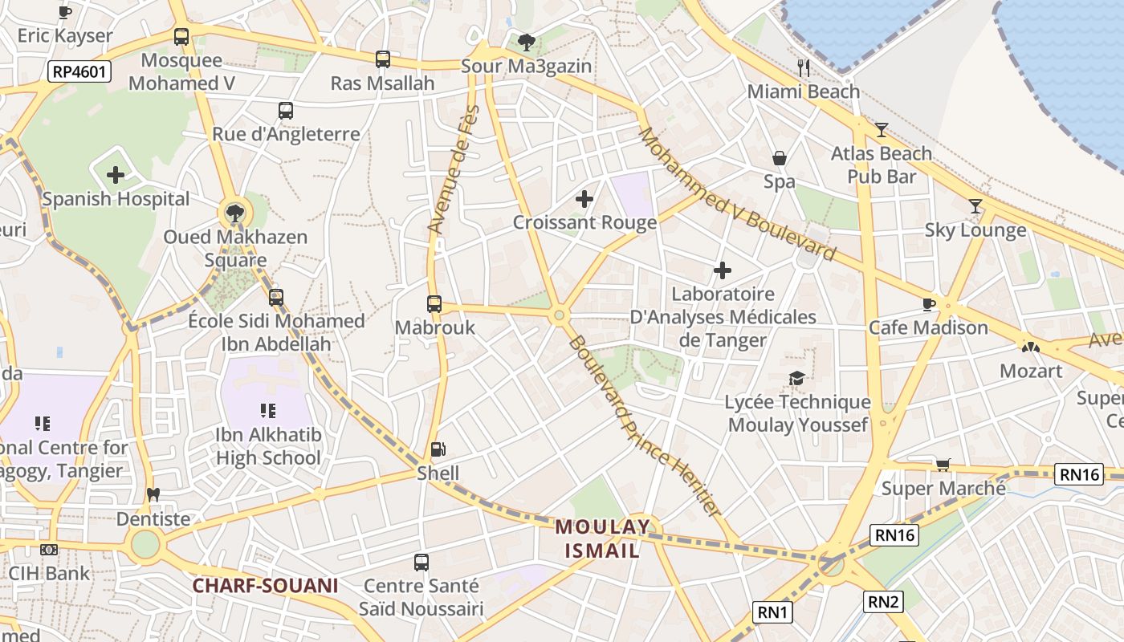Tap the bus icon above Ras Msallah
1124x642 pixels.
click(x=383, y=59)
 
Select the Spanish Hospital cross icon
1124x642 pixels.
click(x=116, y=174)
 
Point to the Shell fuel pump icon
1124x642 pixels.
click(x=438, y=449)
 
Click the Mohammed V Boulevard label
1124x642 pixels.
click(x=737, y=195)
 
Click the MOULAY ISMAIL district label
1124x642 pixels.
click(x=602, y=538)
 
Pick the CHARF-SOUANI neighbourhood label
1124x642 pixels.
click(x=265, y=586)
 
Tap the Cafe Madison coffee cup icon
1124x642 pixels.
click(x=929, y=303)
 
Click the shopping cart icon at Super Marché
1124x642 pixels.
click(x=943, y=465)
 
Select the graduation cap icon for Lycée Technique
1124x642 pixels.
click(x=796, y=378)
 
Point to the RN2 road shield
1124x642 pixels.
click(x=883, y=601)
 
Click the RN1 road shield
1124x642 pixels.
click(x=773, y=612)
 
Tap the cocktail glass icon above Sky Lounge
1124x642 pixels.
click(x=975, y=206)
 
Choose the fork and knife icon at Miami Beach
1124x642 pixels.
click(x=804, y=67)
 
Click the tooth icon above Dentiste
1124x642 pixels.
click(x=153, y=494)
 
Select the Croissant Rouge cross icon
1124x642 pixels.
click(x=584, y=198)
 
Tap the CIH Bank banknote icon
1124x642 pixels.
click(x=49, y=550)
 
